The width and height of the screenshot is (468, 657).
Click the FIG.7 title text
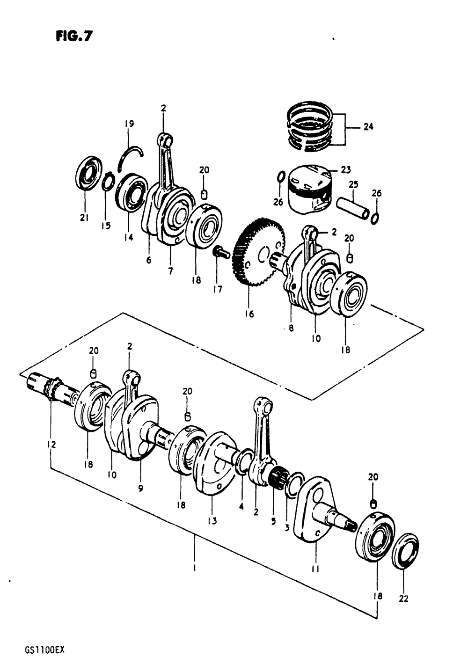click(73, 36)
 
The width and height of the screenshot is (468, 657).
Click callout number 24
click(368, 126)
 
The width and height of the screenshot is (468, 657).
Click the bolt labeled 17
click(220, 253)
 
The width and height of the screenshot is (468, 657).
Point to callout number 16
click(249, 314)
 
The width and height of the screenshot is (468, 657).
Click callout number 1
click(194, 569)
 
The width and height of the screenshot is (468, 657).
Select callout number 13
click(212, 520)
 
